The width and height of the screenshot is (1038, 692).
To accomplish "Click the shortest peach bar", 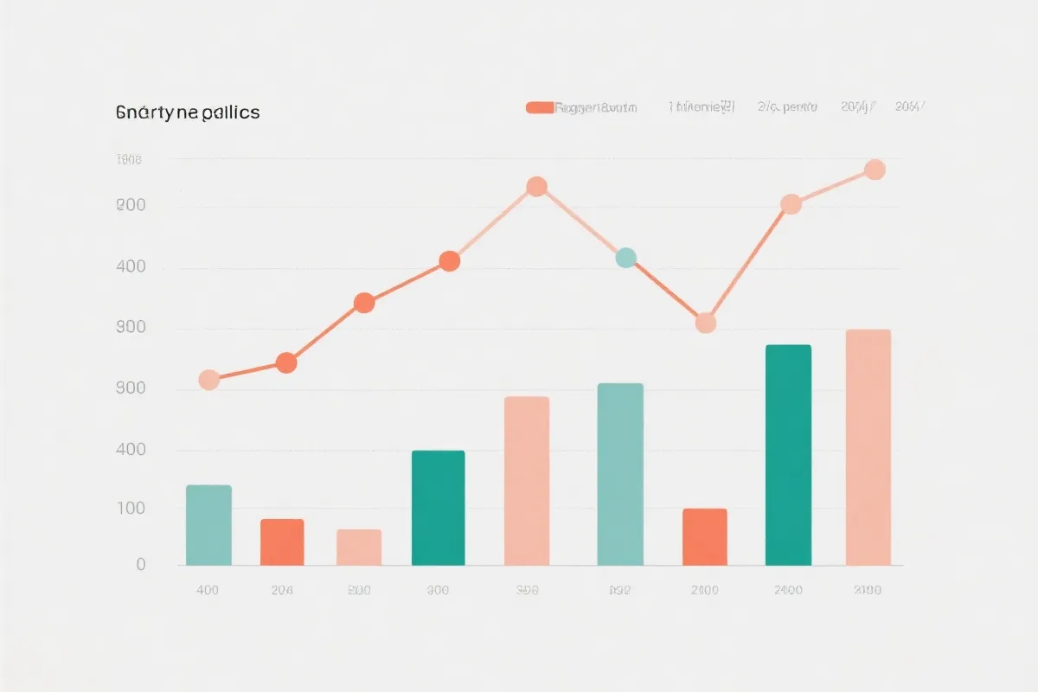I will (x=359, y=547).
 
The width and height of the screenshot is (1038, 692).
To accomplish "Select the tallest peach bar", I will (x=868, y=447).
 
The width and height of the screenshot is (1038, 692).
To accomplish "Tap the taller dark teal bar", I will (x=788, y=455).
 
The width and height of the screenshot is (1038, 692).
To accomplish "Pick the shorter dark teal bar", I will (x=438, y=508).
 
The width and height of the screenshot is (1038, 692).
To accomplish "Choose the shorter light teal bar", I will (x=208, y=525).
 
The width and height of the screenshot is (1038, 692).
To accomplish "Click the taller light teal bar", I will (x=620, y=474).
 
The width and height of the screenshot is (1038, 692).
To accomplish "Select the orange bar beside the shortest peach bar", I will (x=282, y=541).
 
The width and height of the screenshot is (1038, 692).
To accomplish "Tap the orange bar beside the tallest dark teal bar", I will (x=705, y=536).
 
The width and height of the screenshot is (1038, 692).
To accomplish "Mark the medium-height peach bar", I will (x=527, y=480).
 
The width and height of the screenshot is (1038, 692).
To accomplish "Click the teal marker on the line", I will (x=625, y=258).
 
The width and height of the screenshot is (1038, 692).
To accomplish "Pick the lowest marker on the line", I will (x=208, y=380).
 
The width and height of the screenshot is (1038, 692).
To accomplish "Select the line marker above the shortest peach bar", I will (x=364, y=303).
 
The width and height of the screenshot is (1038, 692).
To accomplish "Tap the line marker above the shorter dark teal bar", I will (x=449, y=261).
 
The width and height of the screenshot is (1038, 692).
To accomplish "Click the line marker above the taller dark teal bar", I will (x=791, y=204).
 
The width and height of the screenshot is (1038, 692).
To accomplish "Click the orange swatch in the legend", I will (x=539, y=108).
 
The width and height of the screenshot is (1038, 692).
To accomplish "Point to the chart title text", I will (x=188, y=112).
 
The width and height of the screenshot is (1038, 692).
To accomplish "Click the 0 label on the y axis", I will (x=141, y=565).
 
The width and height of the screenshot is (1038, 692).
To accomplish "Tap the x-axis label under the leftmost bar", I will (x=208, y=591).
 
